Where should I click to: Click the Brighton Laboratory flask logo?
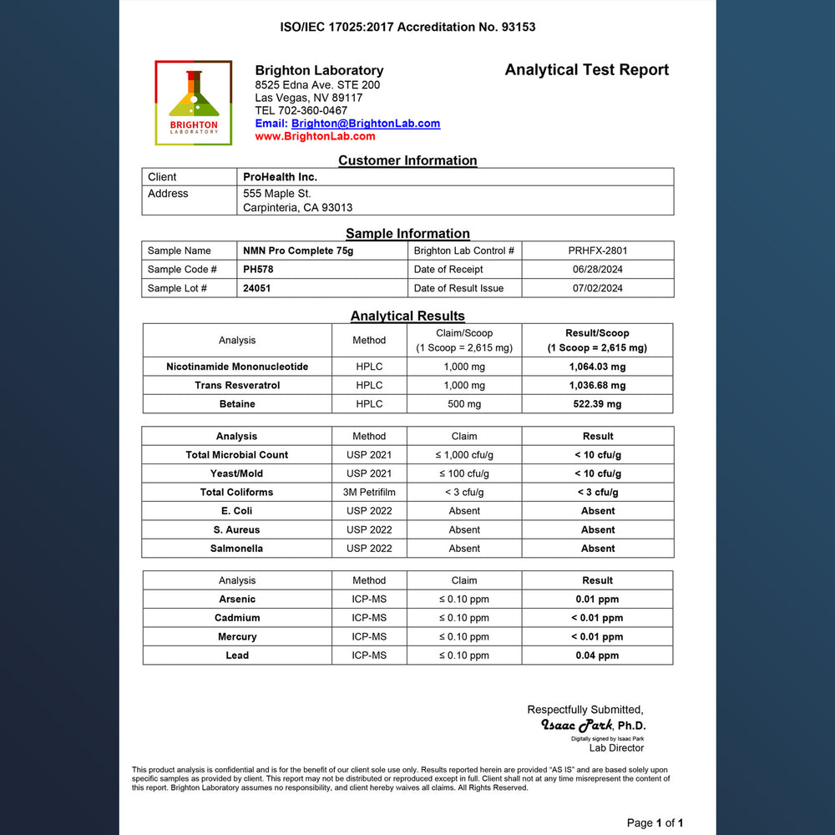tap(194, 102)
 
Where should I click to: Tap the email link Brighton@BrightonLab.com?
tap(366, 124)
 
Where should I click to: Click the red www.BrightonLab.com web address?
tap(315, 136)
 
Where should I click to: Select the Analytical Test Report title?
tap(586, 70)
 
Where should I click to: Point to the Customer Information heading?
tap(407, 160)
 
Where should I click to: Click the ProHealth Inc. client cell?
tap(280, 177)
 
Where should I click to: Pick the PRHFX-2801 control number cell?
tap(598, 250)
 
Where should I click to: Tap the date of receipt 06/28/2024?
tap(598, 270)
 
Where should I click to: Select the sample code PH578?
tap(258, 270)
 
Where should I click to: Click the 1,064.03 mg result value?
tap(597, 367)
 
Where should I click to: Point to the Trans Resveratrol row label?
tap(237, 386)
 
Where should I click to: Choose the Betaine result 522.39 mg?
tap(597, 404)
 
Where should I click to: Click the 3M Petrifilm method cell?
tap(369, 493)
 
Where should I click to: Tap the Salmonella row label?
tap(237, 549)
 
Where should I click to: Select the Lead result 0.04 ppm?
tap(597, 655)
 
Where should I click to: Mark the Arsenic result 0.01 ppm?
tap(597, 600)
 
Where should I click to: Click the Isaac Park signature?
tap(577, 725)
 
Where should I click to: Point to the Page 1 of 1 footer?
tap(655, 823)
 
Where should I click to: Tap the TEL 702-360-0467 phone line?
tap(301, 110)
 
